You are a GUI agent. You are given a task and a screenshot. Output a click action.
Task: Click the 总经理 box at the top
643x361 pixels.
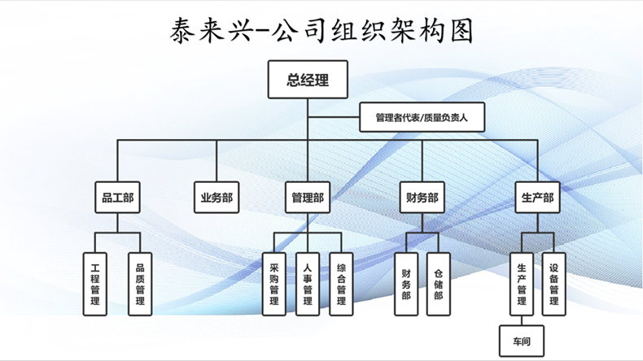(308, 80)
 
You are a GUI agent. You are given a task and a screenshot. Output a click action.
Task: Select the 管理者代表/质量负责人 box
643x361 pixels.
(422, 117)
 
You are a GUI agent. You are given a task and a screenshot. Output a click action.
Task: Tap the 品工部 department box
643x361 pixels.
(118, 198)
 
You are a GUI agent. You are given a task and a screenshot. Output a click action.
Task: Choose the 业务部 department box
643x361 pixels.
(217, 198)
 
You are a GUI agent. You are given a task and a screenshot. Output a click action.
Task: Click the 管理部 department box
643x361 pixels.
(308, 198)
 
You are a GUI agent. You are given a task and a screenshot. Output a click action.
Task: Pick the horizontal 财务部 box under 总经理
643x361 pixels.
(422, 198)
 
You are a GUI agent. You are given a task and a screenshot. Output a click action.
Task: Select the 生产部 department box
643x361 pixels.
(537, 198)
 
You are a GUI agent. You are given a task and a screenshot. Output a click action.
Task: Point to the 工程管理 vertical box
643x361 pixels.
(94, 284)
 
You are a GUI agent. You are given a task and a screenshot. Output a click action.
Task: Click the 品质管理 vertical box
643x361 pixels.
(140, 284)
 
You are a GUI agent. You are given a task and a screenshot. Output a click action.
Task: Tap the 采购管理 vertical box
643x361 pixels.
(274, 284)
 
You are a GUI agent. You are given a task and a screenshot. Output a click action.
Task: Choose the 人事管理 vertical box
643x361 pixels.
(308, 284)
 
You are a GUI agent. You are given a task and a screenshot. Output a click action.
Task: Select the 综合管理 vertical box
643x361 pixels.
(341, 284)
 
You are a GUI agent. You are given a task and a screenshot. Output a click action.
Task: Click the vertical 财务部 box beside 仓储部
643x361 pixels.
(406, 284)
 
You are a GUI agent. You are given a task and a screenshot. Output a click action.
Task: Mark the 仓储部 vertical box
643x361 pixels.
(439, 284)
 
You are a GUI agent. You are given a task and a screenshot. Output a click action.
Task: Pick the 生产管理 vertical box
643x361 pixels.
(522, 284)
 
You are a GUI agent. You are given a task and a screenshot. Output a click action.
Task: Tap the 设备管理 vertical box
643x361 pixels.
(553, 284)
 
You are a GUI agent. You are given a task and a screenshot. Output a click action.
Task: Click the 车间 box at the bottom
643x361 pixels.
(522, 341)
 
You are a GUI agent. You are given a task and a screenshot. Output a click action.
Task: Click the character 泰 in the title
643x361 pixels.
(182, 31)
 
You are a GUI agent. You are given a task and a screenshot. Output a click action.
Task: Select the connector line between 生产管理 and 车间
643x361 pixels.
(522, 320)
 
